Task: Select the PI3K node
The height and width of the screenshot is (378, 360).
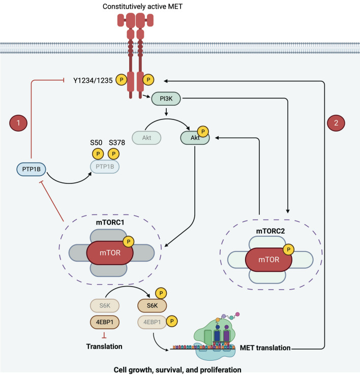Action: [165, 101]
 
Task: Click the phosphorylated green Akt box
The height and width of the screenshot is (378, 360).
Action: [194, 138]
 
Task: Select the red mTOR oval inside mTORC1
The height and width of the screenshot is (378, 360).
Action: [110, 251]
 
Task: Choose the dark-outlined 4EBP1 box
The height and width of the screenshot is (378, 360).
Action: [101, 322]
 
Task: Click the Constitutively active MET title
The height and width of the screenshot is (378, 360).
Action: [135, 7]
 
